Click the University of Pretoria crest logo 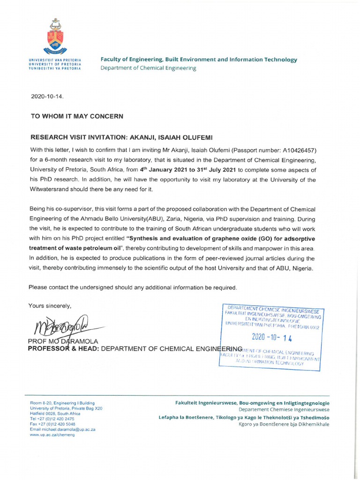(56, 37)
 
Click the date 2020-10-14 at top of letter (46, 97)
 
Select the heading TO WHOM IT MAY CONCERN (77, 116)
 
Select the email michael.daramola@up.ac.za (63, 429)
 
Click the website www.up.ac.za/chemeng (52, 435)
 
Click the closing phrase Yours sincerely (50, 306)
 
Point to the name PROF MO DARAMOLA (63, 341)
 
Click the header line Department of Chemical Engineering (149, 68)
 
